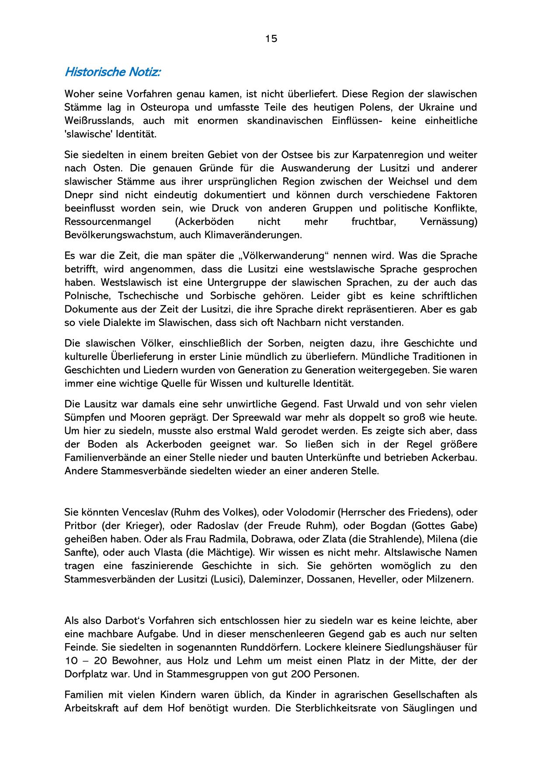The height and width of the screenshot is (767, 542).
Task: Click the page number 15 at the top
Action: (x=271, y=39)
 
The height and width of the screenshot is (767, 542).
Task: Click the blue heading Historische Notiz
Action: (x=112, y=72)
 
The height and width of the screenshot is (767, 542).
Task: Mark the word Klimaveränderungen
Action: (x=253, y=235)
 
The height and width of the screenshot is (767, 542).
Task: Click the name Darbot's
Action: (x=123, y=620)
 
